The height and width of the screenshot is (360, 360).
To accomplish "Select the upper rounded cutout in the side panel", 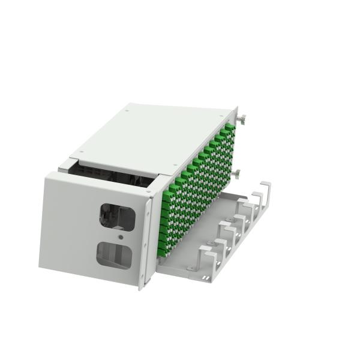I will [x=118, y=215].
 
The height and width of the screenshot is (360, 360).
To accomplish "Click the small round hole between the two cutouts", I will [x=121, y=237].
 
